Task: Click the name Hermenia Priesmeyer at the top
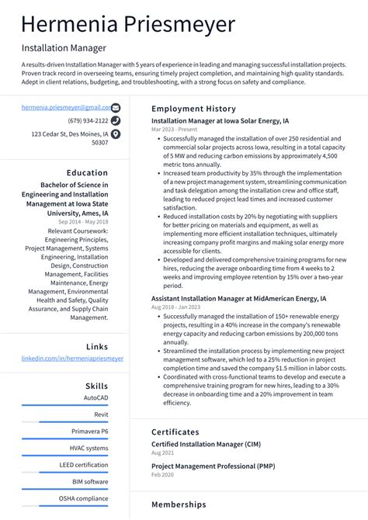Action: [x=128, y=24]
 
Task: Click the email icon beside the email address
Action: [x=116, y=108]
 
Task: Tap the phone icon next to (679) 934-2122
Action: [x=116, y=121]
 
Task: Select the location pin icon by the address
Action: [x=116, y=134]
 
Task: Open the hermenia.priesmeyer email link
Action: [x=64, y=108]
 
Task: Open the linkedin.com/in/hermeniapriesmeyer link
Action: [x=72, y=359]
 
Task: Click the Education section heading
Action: [x=87, y=173]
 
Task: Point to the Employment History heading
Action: [x=193, y=109]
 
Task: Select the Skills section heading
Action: [x=97, y=386]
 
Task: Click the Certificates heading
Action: [x=175, y=432]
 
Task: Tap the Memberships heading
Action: [x=179, y=504]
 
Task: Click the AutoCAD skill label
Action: [x=96, y=398]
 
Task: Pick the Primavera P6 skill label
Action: [x=90, y=432]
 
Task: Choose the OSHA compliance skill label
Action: [x=84, y=498]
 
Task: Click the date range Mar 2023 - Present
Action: [x=175, y=130]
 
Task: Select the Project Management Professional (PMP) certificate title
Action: [x=213, y=466]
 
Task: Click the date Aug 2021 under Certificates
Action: [x=162, y=452]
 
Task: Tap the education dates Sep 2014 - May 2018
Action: [x=84, y=221]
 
